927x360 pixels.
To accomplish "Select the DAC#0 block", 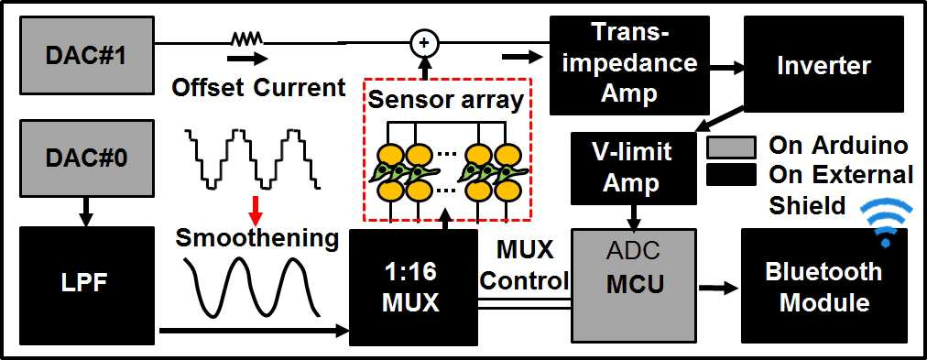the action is (x=86, y=159).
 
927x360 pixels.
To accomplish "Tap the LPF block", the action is (x=86, y=285).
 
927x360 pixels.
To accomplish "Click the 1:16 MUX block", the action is (x=412, y=288).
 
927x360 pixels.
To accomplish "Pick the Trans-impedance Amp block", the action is (x=629, y=65).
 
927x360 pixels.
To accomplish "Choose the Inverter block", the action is (x=823, y=64).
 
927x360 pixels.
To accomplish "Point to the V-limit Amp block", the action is (x=634, y=169).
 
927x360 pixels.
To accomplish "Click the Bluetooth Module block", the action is (x=823, y=286).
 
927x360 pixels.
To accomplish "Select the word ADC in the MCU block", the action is (x=633, y=252).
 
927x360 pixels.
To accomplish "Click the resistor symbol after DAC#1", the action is (x=245, y=40).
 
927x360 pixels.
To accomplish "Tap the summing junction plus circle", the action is (x=424, y=42).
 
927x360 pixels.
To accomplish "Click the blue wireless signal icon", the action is (x=886, y=223).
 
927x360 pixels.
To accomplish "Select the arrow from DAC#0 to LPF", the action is (x=86, y=213).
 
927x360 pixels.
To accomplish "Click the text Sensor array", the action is (x=446, y=101).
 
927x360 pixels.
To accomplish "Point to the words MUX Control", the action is (x=524, y=266).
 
